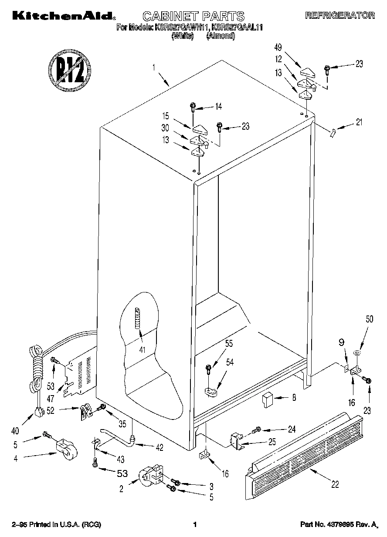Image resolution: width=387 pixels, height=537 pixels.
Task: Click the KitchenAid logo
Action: [63, 16]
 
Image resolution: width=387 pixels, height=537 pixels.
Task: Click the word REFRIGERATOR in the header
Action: [340, 16]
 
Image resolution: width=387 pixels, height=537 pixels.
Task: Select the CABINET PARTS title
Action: [193, 17]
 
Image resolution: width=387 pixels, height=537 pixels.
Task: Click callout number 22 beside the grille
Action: [335, 484]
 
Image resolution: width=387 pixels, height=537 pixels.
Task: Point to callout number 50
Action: [369, 319]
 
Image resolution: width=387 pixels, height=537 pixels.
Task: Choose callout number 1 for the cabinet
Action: [154, 67]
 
